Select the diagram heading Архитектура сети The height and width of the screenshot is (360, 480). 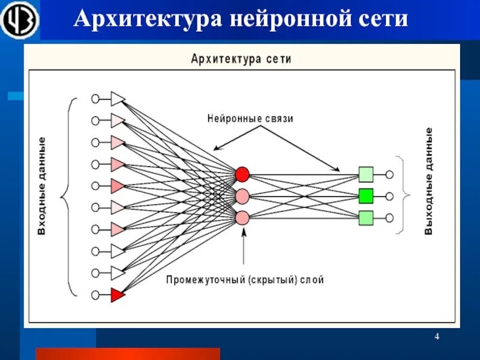coord(241,59)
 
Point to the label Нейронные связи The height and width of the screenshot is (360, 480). coord(250,119)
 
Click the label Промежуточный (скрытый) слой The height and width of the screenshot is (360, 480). coord(245,280)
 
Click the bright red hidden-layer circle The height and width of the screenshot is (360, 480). coord(242,174)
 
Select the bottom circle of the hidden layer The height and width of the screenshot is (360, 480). coord(242,217)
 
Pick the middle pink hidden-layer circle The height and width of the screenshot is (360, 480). coord(242,196)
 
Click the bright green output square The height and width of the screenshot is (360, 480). coord(366,196)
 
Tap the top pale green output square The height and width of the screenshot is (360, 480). coord(366,174)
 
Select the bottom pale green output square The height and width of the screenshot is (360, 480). coord(366,217)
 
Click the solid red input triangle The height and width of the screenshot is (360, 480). coord(118,295)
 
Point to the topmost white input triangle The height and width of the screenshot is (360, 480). coord(118,98)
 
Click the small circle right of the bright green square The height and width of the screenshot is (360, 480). coord(389,196)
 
